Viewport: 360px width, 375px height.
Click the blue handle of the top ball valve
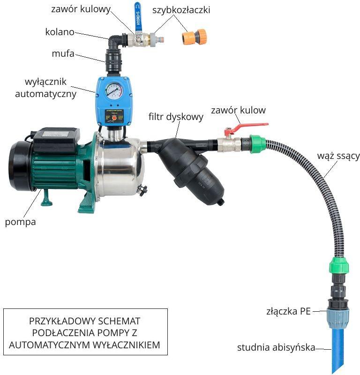[137, 17]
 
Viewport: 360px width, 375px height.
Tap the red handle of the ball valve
[249, 127]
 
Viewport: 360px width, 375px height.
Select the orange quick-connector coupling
[194, 37]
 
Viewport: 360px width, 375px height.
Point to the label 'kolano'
[60, 32]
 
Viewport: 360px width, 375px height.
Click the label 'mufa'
[63, 53]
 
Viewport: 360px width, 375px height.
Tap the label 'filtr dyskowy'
[176, 117]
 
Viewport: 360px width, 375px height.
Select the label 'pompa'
[20, 222]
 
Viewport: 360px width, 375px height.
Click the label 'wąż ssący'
[338, 156]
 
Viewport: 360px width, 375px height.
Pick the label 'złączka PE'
[288, 311]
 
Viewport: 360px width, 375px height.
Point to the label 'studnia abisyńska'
[276, 347]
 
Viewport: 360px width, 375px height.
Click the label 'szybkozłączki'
[181, 10]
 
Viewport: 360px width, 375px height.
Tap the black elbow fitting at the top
[115, 43]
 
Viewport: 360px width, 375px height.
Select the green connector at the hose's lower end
[339, 265]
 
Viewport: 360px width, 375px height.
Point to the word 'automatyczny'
[45, 94]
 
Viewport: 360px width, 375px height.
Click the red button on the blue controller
[114, 118]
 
